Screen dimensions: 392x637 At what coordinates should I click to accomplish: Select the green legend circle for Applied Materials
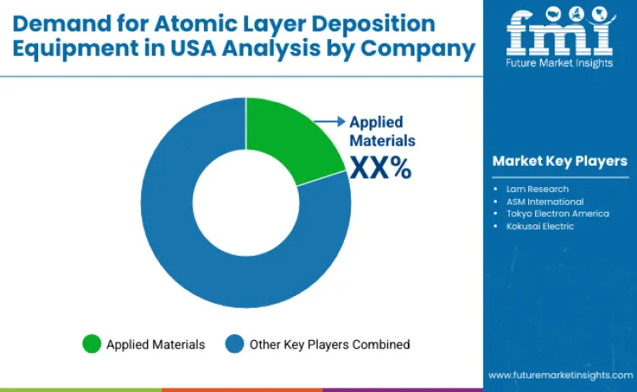pos(92,344)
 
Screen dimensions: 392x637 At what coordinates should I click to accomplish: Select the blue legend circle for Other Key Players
pos(234,344)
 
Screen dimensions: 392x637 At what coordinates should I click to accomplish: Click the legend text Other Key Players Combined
pos(330,344)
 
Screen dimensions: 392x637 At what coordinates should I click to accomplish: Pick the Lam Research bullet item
pos(537,188)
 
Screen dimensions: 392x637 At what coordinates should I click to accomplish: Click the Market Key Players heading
pos(560,161)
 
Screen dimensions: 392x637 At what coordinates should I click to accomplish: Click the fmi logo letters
pos(559,32)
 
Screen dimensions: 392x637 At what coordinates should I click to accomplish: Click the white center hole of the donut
pos(245,202)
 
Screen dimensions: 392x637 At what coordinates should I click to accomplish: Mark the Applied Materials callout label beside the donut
pos(382,131)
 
